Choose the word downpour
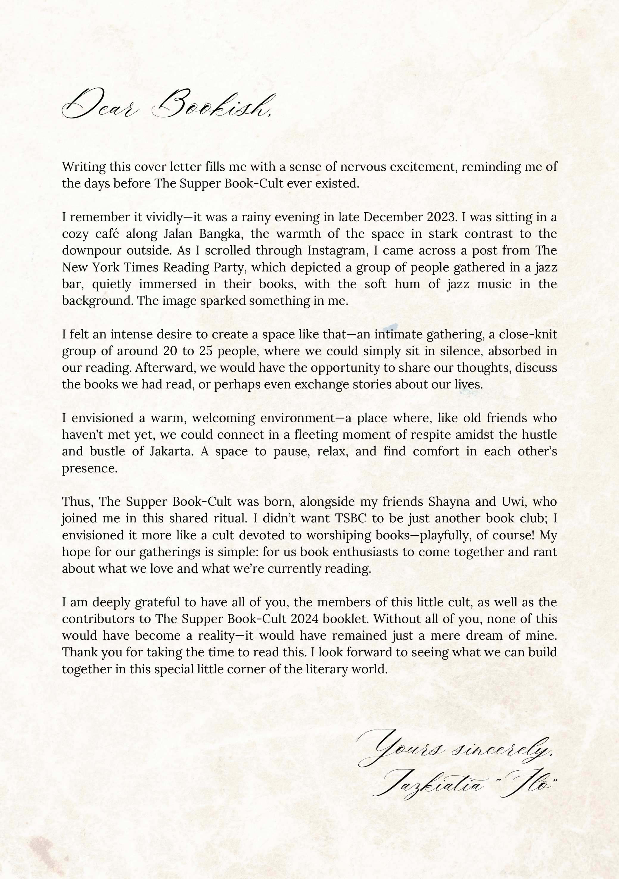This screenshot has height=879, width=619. point(91,250)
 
